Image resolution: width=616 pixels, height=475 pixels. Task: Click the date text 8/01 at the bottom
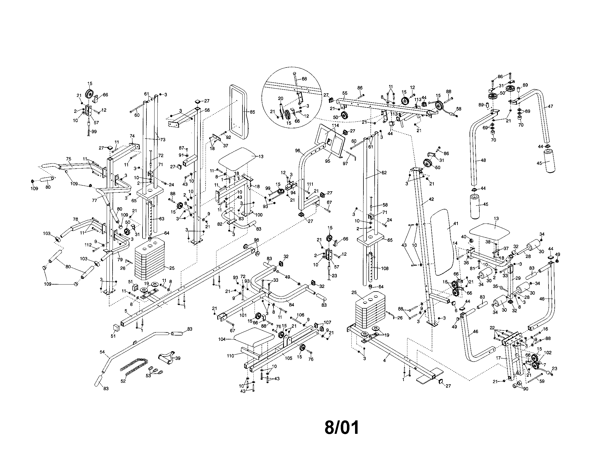pos(342,427)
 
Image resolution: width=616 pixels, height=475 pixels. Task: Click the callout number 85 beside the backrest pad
pos(252,112)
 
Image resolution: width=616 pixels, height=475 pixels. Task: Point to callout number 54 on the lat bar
pos(102,352)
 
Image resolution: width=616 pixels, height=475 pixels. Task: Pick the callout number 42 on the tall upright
pos(431,199)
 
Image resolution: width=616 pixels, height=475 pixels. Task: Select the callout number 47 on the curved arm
pos(550,106)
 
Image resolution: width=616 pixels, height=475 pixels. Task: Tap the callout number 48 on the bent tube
pos(483,160)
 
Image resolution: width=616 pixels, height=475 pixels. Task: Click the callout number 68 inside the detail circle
pos(304,79)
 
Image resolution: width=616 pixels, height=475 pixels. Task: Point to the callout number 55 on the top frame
pos(345,93)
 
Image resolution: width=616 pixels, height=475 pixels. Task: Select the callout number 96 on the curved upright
pos(298,151)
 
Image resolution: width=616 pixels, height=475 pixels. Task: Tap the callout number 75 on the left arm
pos(69,159)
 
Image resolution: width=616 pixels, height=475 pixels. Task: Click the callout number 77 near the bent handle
pos(94,200)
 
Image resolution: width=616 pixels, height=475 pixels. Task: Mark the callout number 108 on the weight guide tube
pos(384,268)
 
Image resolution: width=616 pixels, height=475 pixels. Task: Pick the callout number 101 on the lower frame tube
pos(243,315)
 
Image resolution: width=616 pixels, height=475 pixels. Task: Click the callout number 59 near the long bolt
pos(542,381)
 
